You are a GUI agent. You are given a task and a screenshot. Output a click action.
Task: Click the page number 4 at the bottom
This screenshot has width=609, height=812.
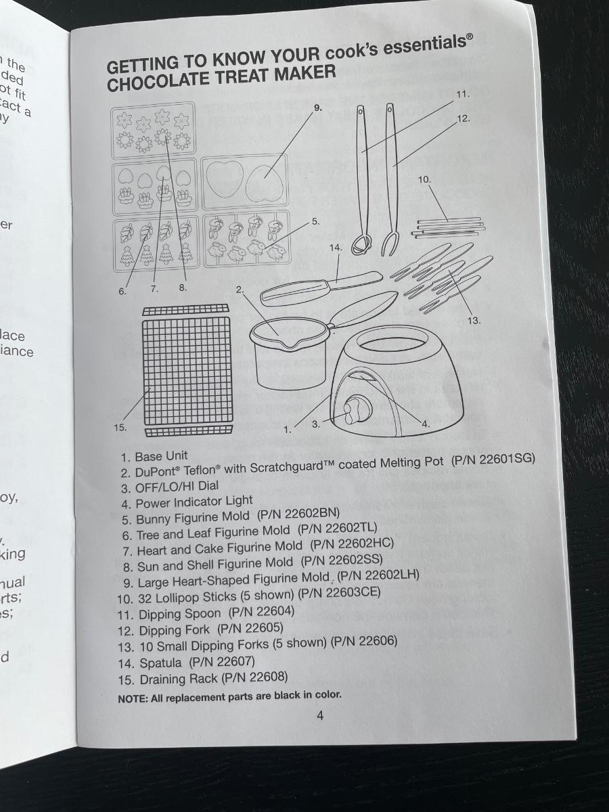pos(320,716)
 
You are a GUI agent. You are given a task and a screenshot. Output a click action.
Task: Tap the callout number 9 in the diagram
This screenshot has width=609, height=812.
pos(318,107)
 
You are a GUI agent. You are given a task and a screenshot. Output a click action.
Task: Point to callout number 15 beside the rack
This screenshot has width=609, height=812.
pos(120,427)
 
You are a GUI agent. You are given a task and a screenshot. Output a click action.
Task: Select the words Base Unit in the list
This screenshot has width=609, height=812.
pos(161,456)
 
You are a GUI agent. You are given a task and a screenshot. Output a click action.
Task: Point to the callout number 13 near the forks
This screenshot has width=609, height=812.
pos(474,320)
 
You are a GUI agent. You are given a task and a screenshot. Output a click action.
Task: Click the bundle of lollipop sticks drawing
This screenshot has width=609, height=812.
pos(449,226)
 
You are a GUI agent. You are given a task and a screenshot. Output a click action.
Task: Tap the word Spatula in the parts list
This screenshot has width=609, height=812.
pos(160,663)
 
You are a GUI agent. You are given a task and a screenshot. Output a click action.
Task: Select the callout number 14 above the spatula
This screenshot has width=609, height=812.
pos(336,248)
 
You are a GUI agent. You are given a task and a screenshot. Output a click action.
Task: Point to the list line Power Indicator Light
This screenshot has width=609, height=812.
pos(194,501)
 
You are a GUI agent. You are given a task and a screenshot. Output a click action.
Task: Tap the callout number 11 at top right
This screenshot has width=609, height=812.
pos(462,94)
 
